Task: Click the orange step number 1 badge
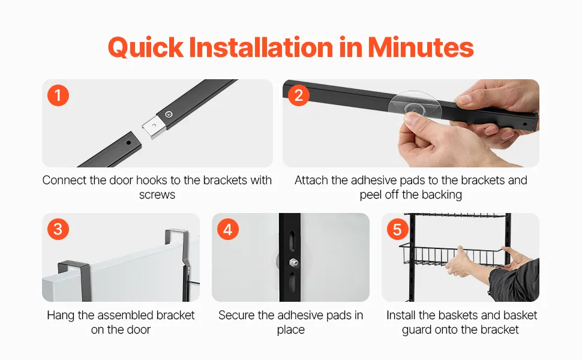click(58, 95)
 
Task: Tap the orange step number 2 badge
click(299, 95)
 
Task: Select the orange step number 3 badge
click(58, 229)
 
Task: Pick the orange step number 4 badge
click(227, 229)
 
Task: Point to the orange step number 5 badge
click(397, 229)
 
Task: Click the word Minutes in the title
click(421, 47)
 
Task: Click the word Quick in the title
click(145, 48)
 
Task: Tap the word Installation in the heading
click(262, 47)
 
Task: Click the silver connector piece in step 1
click(153, 127)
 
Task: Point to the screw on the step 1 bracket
click(169, 114)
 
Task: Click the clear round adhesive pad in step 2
click(415, 107)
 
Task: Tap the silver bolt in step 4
click(293, 262)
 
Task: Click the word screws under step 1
click(157, 195)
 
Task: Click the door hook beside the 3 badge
click(74, 279)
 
